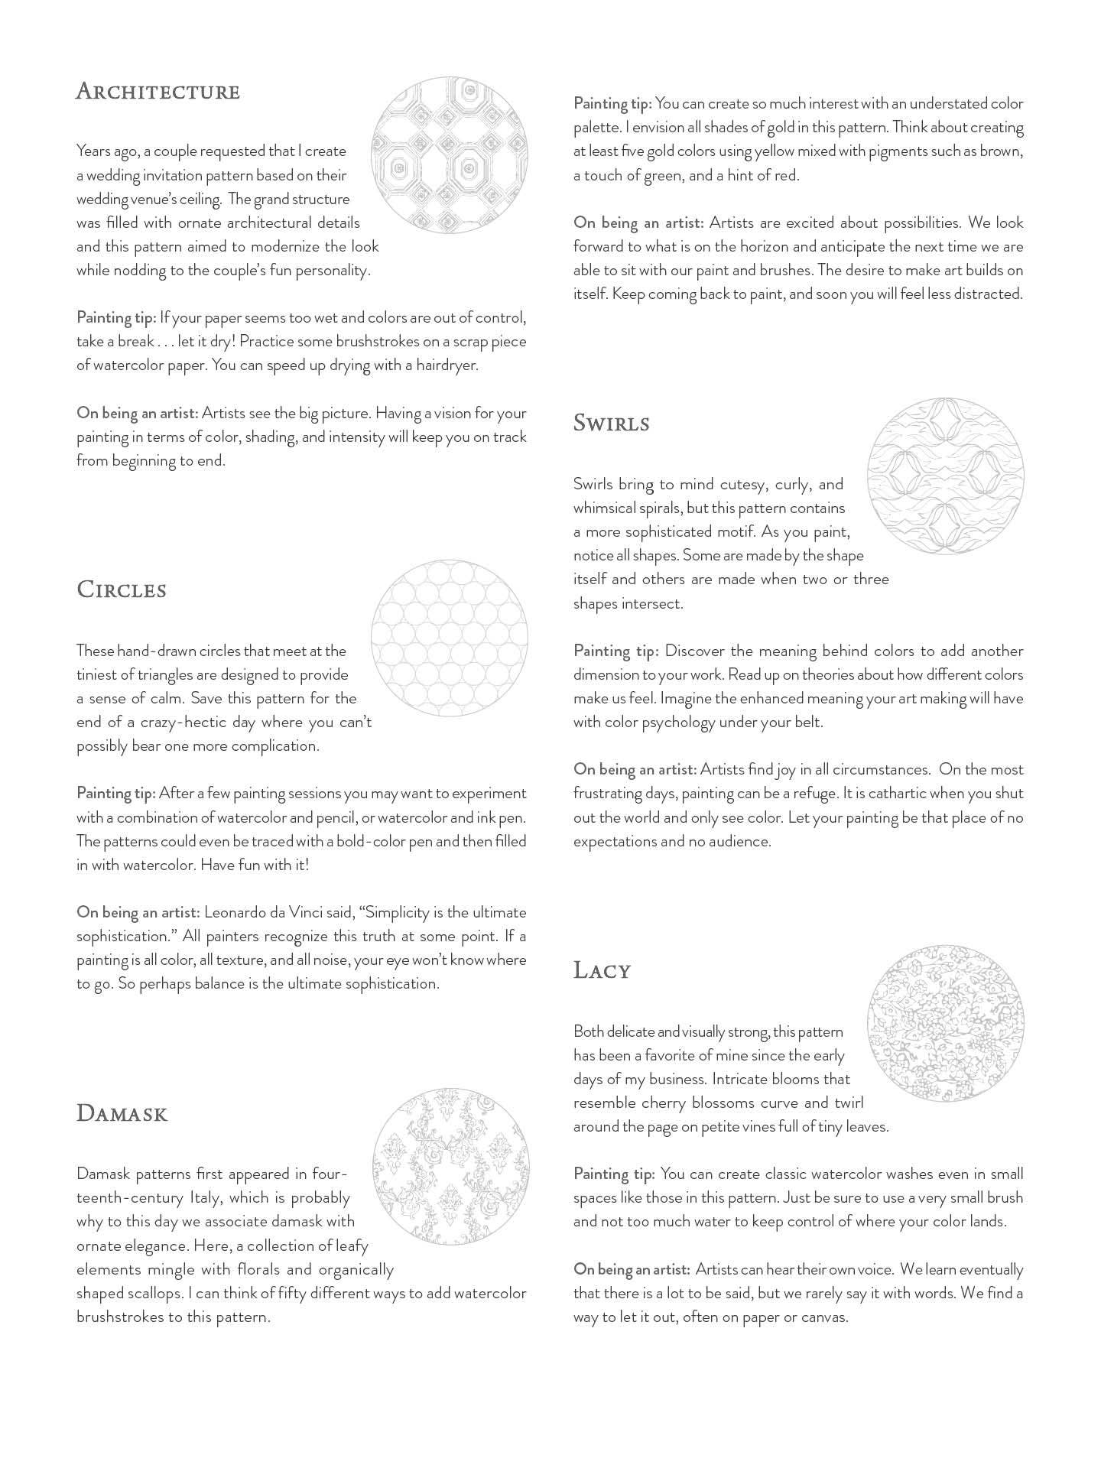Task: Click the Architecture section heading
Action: pos(158,92)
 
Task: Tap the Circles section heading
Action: pos(121,590)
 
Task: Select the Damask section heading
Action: pos(122,1113)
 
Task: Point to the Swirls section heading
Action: pos(611,423)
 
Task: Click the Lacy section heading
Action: pos(602,971)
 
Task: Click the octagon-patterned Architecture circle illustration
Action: pos(449,154)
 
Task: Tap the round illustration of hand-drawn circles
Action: pos(449,637)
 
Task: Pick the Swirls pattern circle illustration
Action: pos(945,476)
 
